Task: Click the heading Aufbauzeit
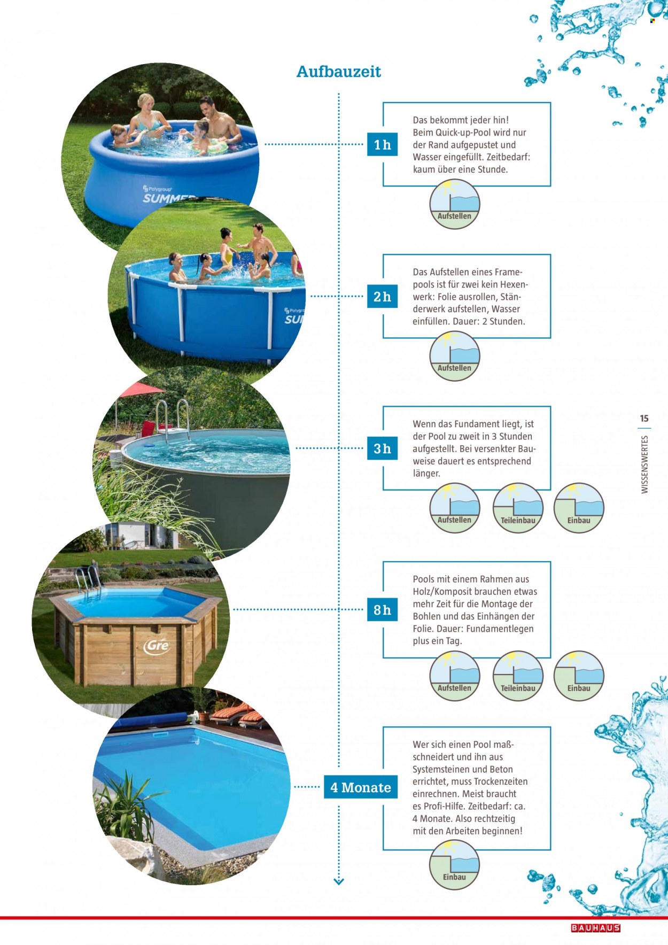[338, 72]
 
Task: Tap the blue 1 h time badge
[382, 144]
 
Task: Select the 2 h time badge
[382, 296]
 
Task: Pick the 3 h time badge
[382, 448]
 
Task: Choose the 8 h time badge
[382, 609]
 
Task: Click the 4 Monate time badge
[361, 787]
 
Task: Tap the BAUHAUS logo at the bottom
[595, 928]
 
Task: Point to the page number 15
[644, 419]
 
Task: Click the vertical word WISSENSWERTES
[644, 464]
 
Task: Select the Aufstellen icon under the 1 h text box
[455, 204]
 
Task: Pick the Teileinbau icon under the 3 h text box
[518, 508]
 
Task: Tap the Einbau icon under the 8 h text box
[579, 676]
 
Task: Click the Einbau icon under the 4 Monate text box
[454, 865]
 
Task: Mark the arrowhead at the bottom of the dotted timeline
[338, 881]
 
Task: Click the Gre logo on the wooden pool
[157, 645]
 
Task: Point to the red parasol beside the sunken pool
[141, 390]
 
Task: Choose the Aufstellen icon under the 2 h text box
[455, 356]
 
